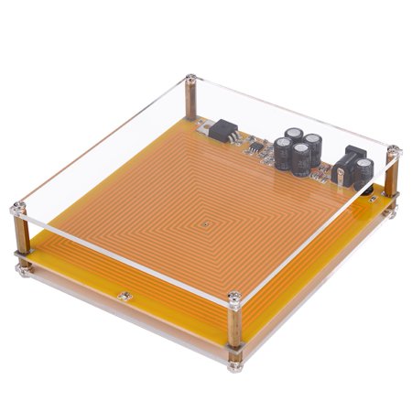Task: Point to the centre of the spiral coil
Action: [x=209, y=221]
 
